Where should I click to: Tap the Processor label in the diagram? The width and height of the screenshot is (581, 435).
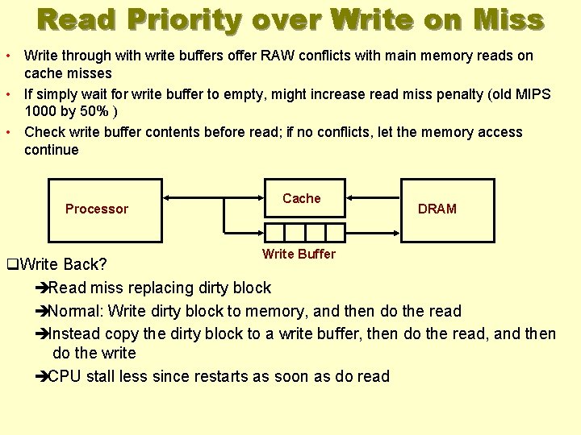click(x=97, y=209)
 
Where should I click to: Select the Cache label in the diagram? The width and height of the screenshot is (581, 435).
click(x=302, y=198)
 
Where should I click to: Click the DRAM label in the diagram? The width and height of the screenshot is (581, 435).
click(x=437, y=209)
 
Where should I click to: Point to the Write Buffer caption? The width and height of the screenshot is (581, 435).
click(x=299, y=254)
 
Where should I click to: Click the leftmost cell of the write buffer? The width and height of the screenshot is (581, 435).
click(x=275, y=232)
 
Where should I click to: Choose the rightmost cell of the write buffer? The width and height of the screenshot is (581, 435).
click(x=335, y=232)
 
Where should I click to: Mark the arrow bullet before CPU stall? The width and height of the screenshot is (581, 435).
click(x=42, y=376)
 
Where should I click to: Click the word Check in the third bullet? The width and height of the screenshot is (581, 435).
click(x=44, y=132)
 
